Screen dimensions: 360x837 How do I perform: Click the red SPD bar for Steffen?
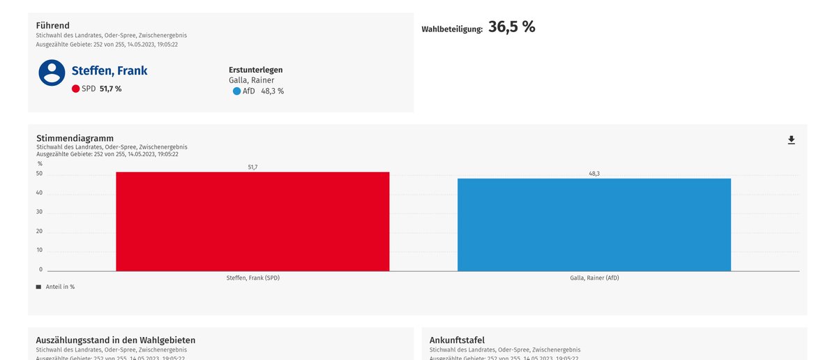pos(252,221)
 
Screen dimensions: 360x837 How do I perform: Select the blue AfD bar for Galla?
pos(594,225)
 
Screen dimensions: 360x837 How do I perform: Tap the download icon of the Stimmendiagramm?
pos(791,140)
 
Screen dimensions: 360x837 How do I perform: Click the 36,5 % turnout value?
pos(511,27)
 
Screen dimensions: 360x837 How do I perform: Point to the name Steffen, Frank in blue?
pos(110,70)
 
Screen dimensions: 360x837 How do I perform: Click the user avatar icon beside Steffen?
pos(52,73)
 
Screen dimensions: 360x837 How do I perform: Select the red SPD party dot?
pos(75,89)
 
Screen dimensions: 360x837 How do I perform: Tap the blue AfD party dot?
pos(236,91)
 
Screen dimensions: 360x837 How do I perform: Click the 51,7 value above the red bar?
pos(252,167)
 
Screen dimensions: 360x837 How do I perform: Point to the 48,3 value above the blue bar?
pos(594,173)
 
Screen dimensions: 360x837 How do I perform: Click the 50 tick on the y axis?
pos(39,174)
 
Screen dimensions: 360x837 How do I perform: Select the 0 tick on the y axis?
pos(40,269)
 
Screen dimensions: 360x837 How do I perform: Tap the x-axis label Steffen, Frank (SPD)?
pos(252,278)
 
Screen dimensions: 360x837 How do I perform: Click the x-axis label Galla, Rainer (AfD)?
pos(594,278)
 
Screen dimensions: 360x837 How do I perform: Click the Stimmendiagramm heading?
pos(75,138)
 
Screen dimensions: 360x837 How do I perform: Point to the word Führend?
pos(52,26)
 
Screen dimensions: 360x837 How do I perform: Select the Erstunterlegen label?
pos(255,70)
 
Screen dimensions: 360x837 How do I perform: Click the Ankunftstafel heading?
pos(457,340)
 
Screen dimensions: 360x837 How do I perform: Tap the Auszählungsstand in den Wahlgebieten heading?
pos(115,340)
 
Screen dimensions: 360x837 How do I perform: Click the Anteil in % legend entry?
pos(58,287)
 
